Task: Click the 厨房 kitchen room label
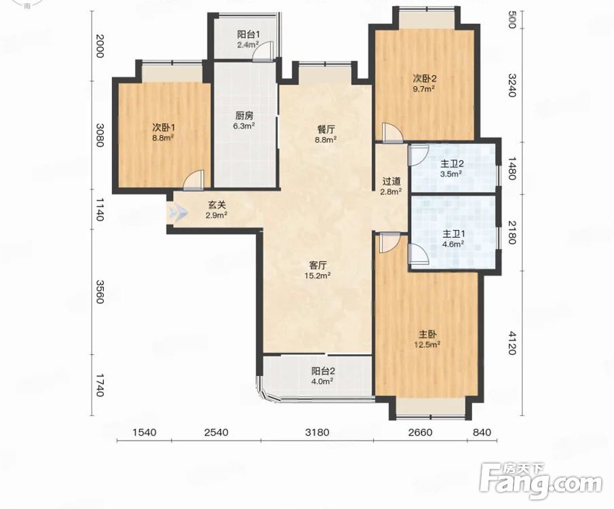tap(244, 115)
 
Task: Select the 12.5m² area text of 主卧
tap(427, 345)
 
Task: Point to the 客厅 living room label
tap(318, 265)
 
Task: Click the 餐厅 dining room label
tap(326, 130)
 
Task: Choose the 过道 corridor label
tap(391, 181)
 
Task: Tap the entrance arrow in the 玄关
tap(178, 213)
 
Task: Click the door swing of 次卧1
tap(194, 180)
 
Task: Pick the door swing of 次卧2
tap(392, 133)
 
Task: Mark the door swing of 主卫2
tap(418, 155)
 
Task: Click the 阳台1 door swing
tap(263, 52)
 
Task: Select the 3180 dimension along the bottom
tap(318, 432)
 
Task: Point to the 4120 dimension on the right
tap(512, 343)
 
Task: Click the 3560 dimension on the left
tap(100, 292)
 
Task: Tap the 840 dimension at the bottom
tap(482, 432)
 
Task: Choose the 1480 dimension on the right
tap(512, 168)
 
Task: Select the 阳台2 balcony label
tap(324, 371)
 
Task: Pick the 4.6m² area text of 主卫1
tap(453, 244)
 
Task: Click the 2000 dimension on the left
tap(100, 46)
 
